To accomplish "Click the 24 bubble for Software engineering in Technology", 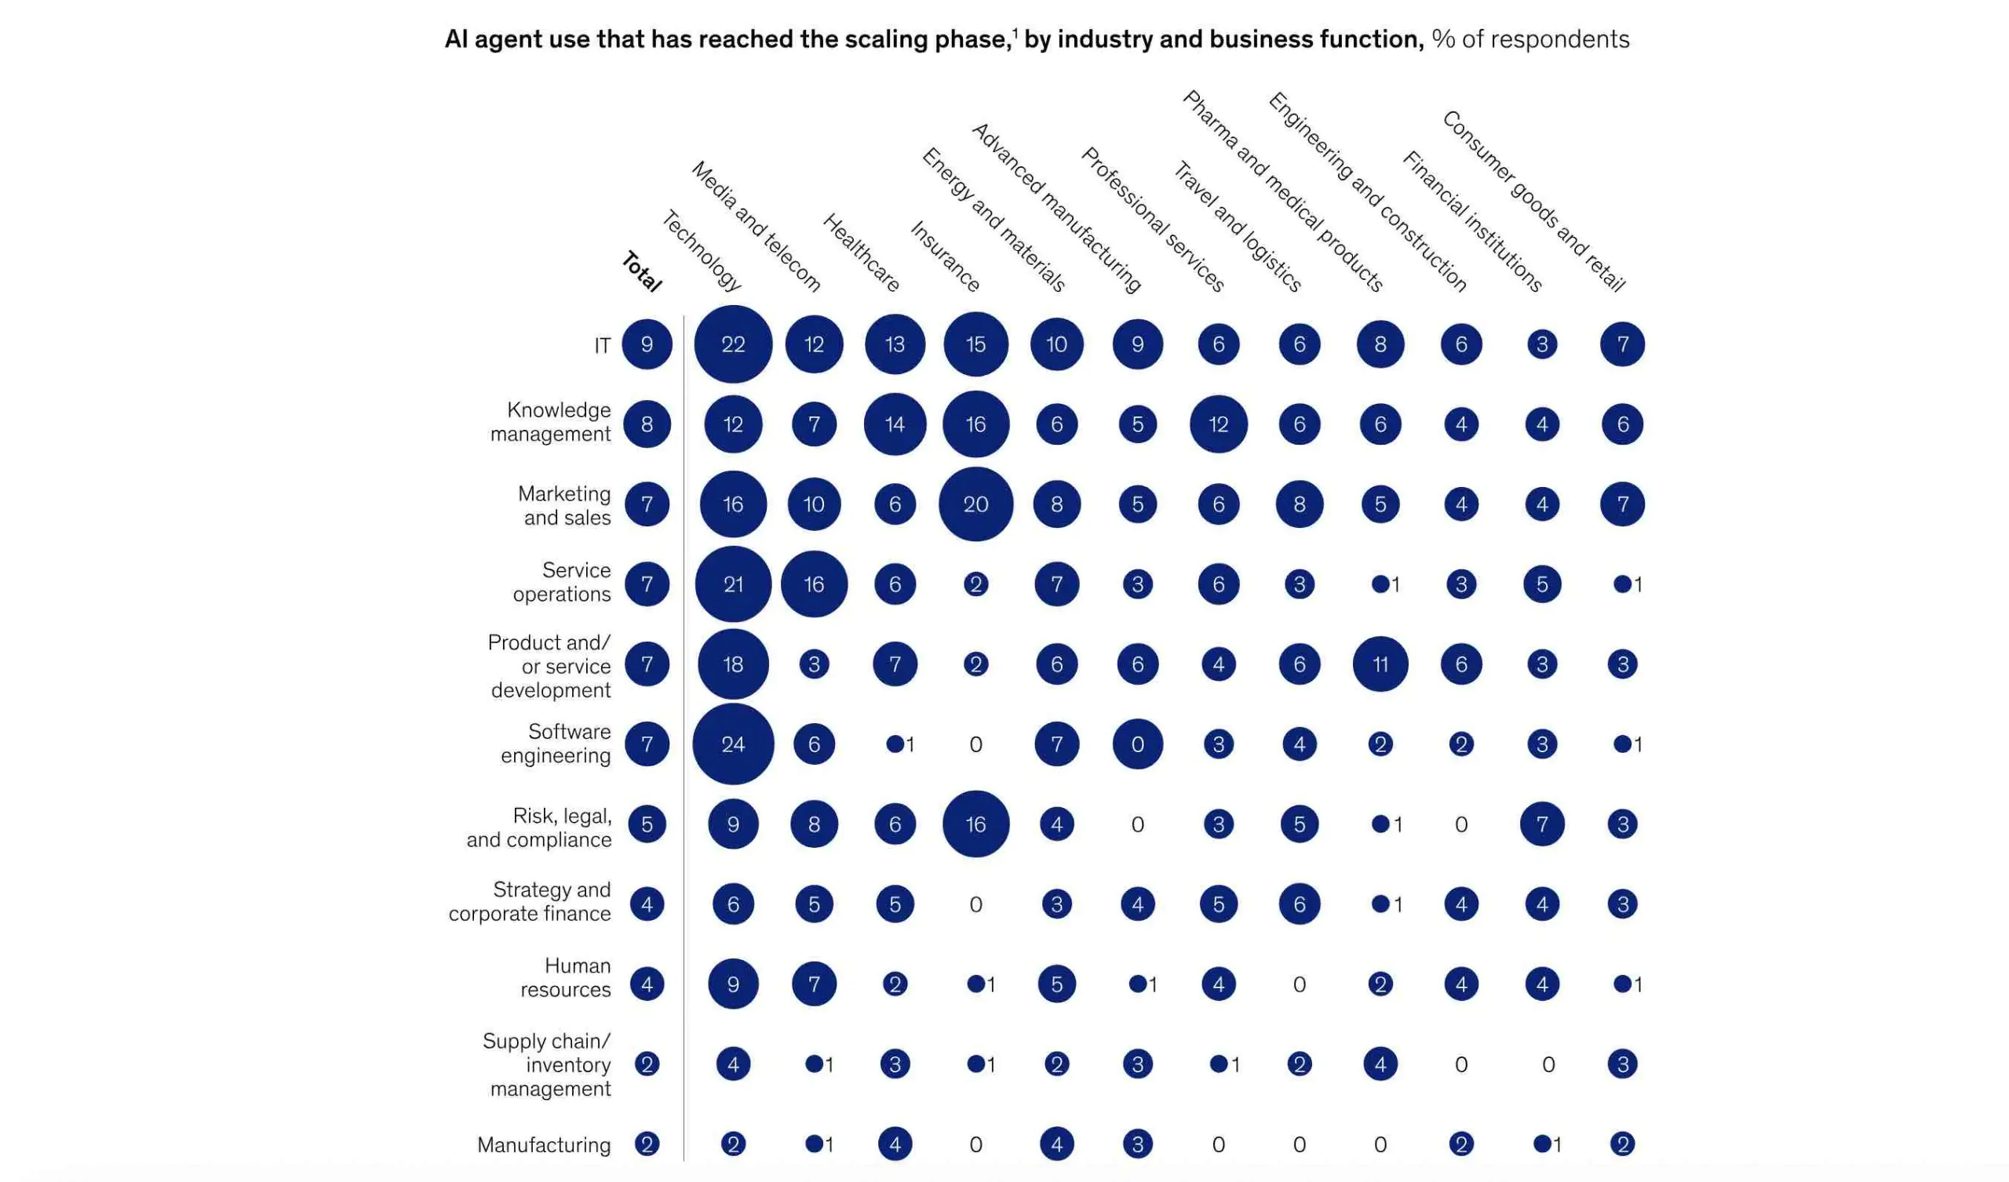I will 733,744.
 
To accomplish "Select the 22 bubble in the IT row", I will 733,344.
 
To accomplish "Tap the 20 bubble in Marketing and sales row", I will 975,504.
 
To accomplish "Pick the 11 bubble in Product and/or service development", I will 1380,664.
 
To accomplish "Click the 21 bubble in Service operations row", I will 733,584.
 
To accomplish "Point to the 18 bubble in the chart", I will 733,664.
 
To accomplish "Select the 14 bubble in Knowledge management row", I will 895,424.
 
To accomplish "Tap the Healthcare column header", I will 861,253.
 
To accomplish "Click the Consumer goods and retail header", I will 1533,201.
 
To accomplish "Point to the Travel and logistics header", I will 1237,227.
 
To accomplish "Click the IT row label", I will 602,345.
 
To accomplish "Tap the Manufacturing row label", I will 544,1144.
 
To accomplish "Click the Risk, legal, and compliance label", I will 539,827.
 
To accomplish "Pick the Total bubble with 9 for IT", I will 647,344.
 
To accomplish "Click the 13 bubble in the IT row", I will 895,344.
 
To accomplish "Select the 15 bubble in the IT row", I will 975,344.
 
